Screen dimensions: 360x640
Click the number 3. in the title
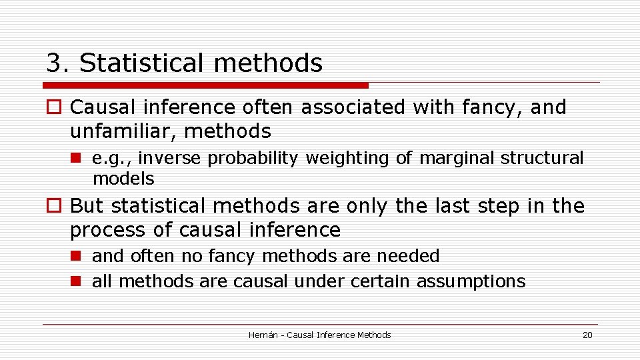[x=58, y=63]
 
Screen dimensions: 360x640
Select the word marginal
[x=455, y=158]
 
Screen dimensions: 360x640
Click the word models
[x=123, y=179]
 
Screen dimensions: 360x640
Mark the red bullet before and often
[x=75, y=257]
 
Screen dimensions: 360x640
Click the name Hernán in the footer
[x=263, y=335]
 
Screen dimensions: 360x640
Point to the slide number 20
[x=587, y=335]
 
